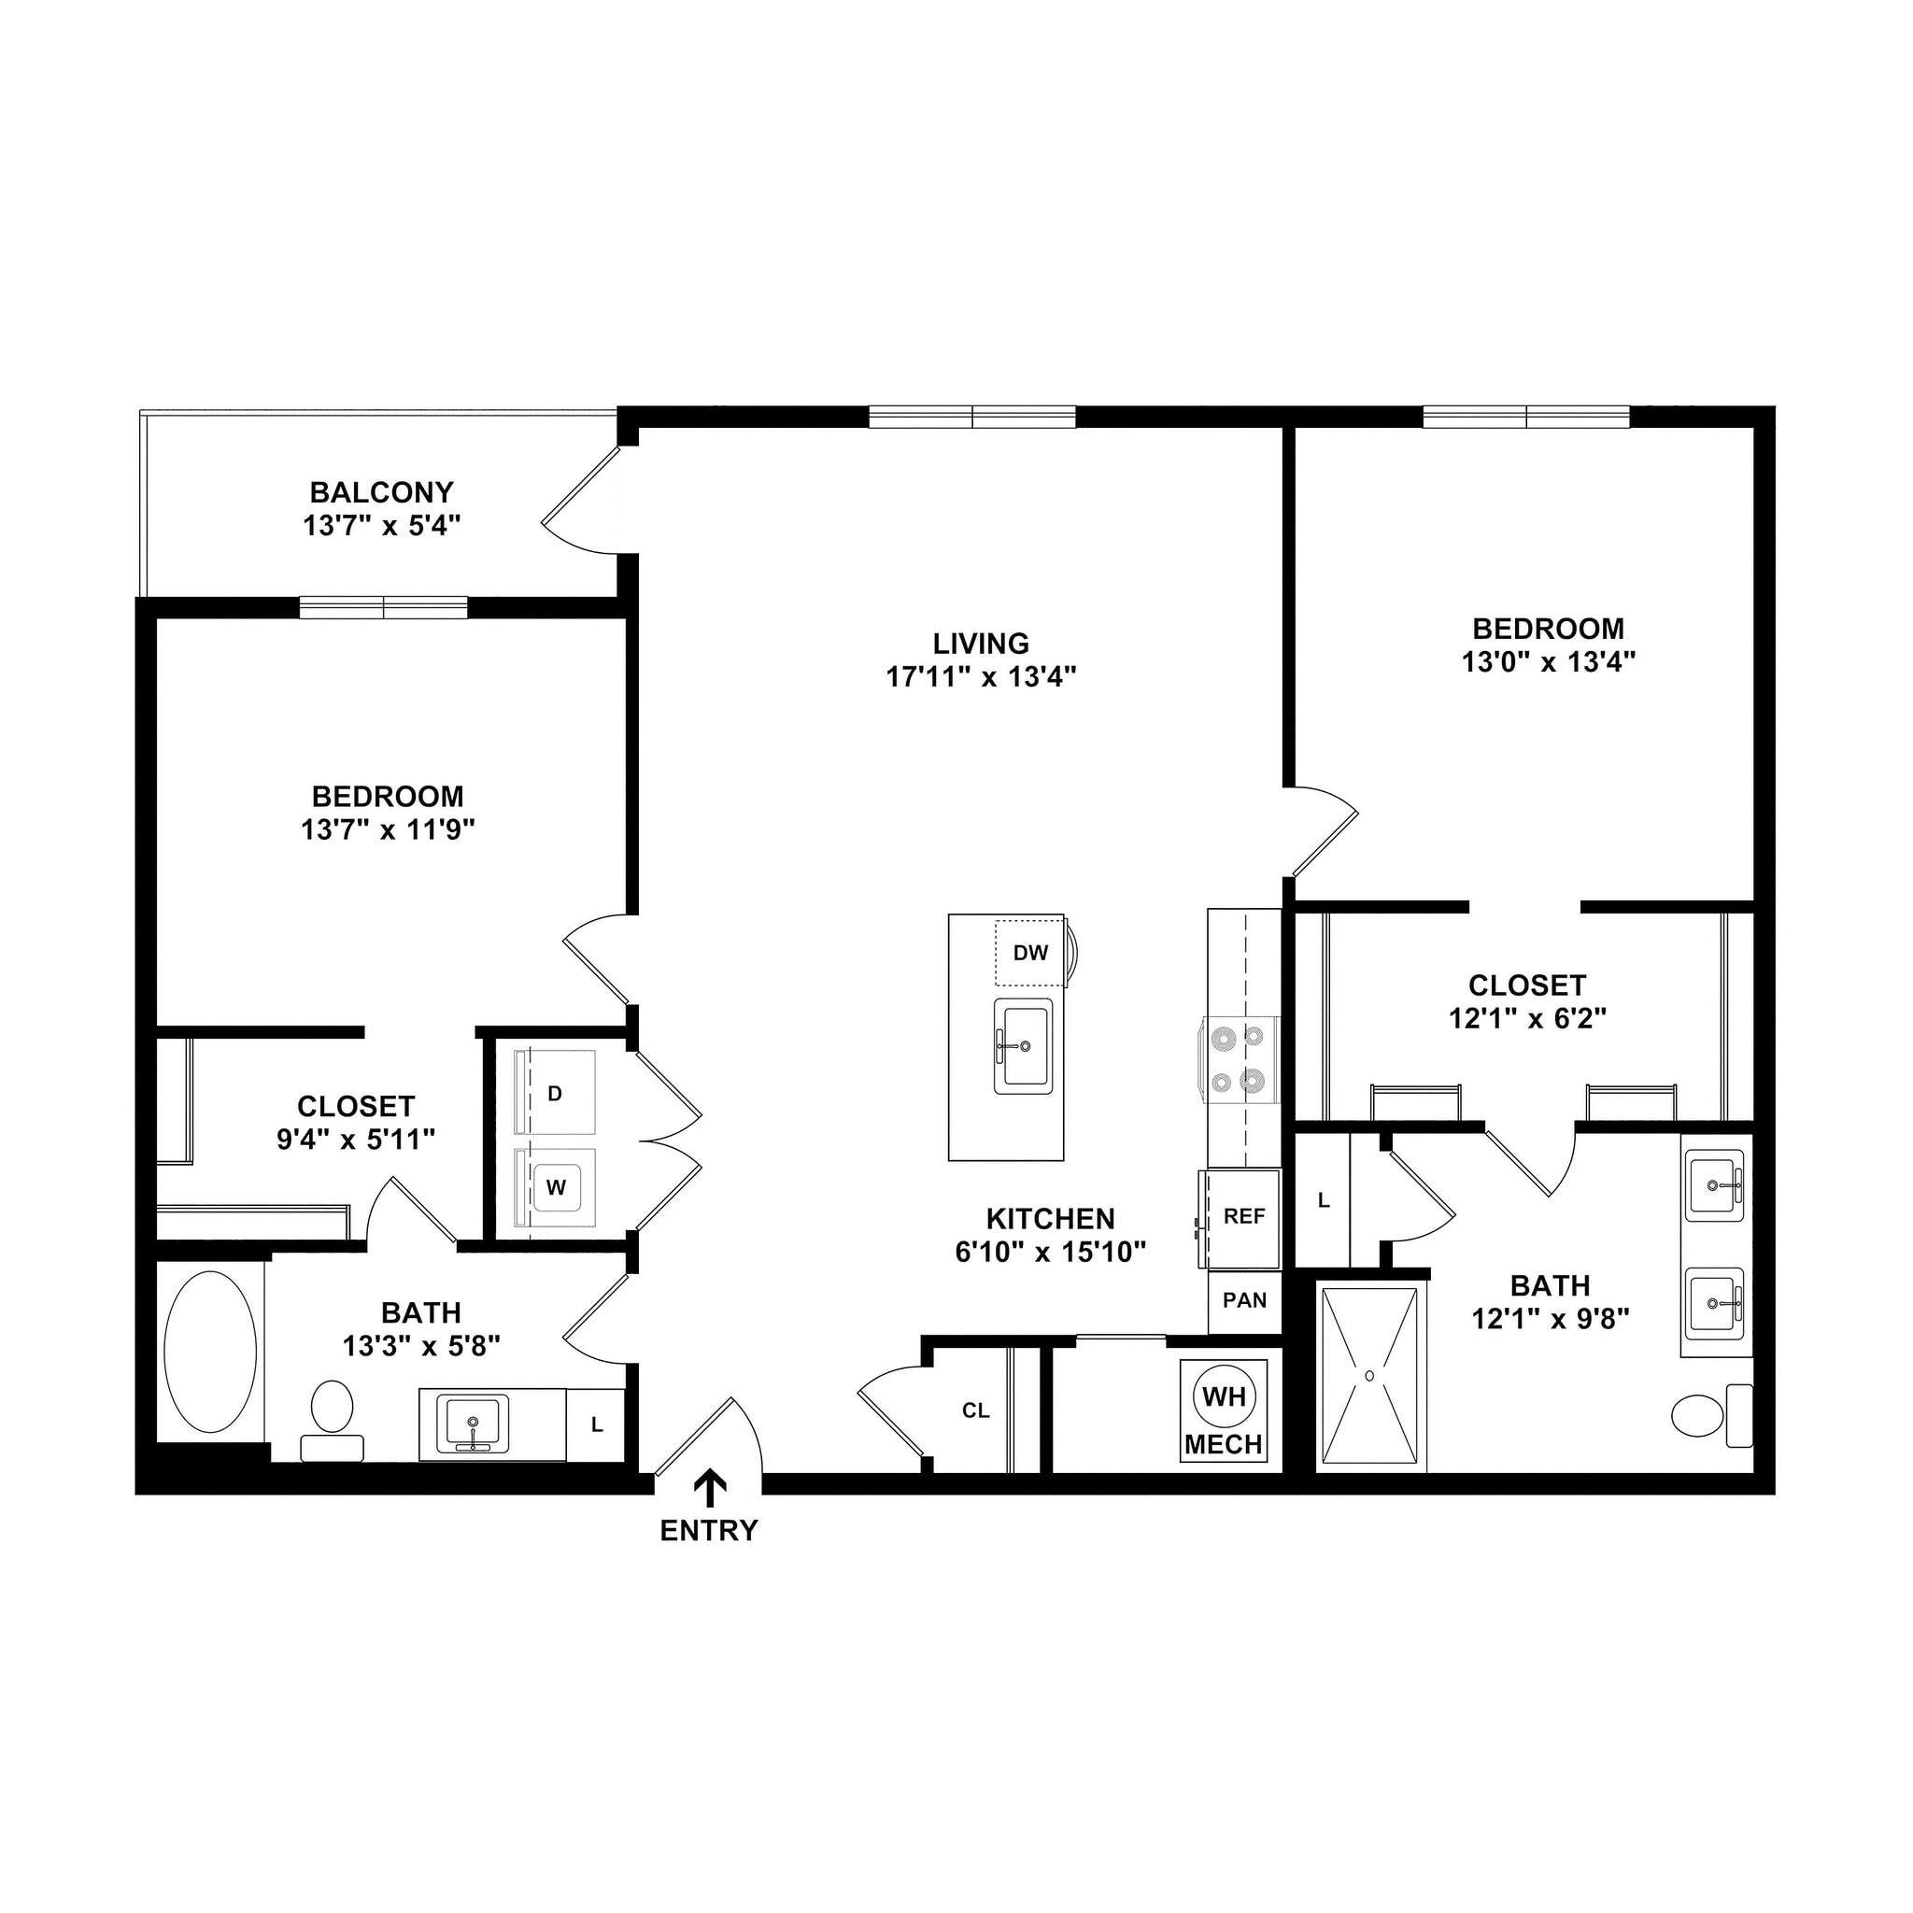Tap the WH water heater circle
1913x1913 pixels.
pyautogui.click(x=1224, y=1396)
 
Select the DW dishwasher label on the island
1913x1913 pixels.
pyautogui.click(x=1029, y=953)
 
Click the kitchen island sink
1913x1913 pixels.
pyautogui.click(x=1024, y=1045)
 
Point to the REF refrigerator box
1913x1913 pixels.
pyautogui.click(x=1243, y=1217)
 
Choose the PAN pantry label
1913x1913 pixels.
pyautogui.click(x=1244, y=1301)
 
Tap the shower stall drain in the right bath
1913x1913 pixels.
pyautogui.click(x=1369, y=1376)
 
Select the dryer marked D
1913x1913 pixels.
pyautogui.click(x=556, y=1093)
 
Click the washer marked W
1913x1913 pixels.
pyautogui.click(x=556, y=1187)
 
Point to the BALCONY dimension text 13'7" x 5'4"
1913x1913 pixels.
pyautogui.click(x=382, y=526)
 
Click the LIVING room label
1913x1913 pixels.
pyautogui.click(x=980, y=644)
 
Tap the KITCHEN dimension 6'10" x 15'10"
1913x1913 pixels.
pyautogui.click(x=1050, y=1253)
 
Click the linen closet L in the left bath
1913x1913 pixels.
pyautogui.click(x=596, y=1424)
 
